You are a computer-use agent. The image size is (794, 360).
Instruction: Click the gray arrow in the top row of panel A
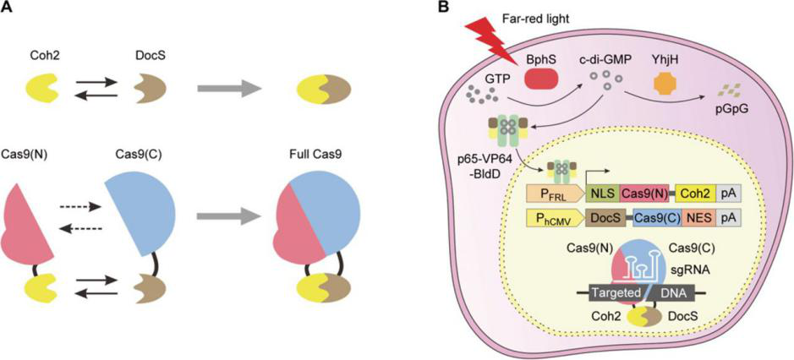coord(229,88)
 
